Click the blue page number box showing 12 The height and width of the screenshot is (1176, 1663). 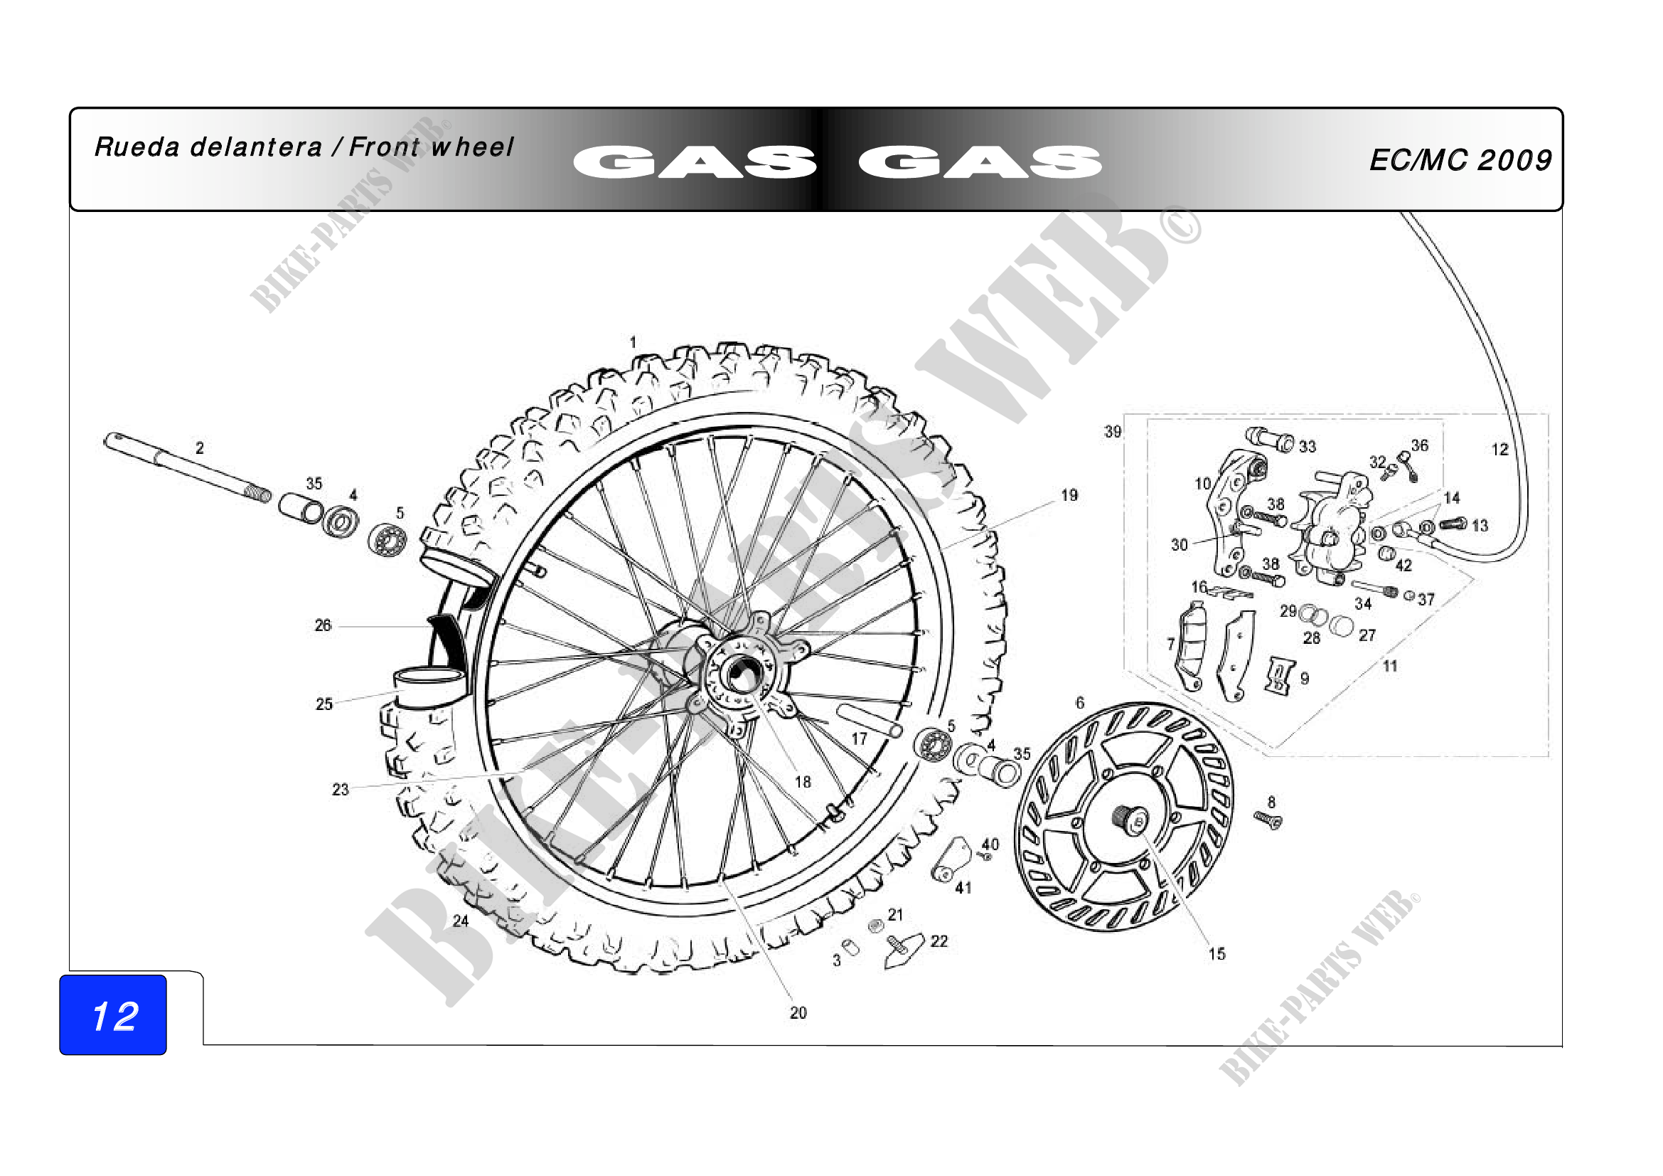113,1015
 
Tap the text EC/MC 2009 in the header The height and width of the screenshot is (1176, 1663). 1460,160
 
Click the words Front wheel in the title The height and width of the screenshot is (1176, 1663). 431,147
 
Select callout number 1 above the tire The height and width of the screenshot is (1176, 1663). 633,342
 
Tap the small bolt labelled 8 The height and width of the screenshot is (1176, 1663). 1268,820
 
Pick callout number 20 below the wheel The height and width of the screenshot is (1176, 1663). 798,1012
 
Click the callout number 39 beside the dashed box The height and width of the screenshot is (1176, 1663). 1113,432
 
